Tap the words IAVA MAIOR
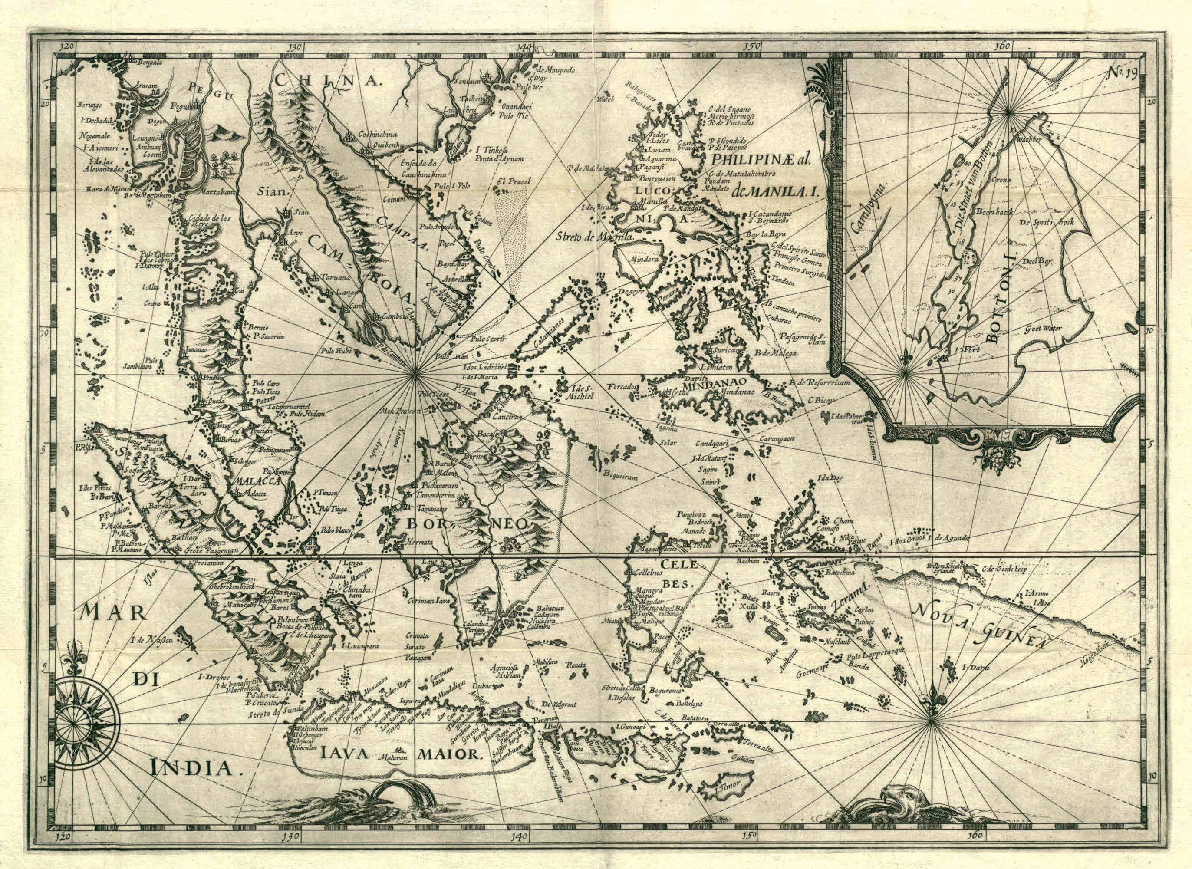point(400,754)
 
